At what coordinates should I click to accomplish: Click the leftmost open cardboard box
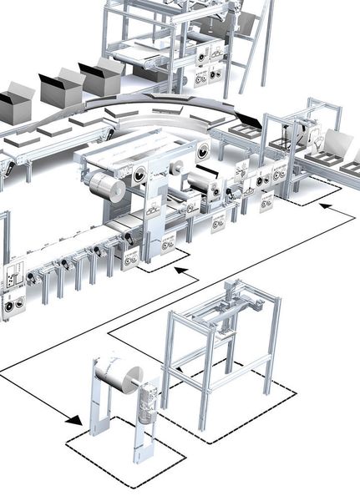[x=15, y=107]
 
